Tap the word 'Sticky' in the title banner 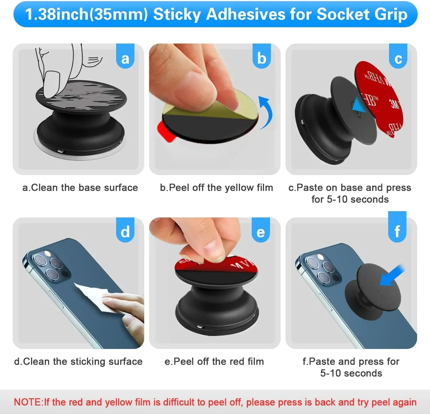tap(177, 14)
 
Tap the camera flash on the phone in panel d tap(48, 254)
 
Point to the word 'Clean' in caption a tap(44, 188)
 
